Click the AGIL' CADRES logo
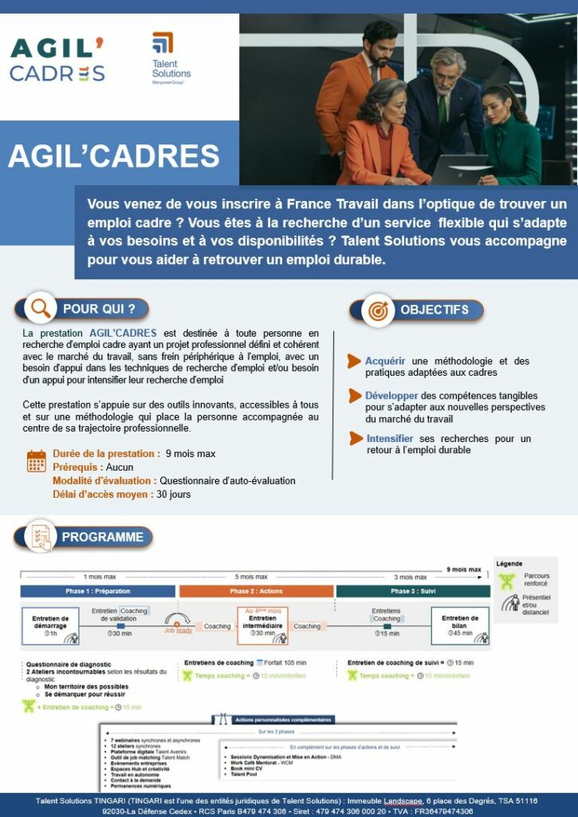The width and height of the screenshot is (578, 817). [x=57, y=60]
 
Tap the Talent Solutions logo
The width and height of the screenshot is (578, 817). [x=170, y=57]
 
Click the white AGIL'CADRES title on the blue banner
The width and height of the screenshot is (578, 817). [x=113, y=156]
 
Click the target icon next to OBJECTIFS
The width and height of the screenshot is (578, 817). [x=377, y=310]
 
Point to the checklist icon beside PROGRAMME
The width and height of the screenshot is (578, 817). [x=39, y=537]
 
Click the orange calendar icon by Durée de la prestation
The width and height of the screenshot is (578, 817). [x=37, y=461]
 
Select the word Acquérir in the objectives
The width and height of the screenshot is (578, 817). [x=385, y=361]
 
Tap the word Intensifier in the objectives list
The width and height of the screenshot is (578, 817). [x=389, y=439]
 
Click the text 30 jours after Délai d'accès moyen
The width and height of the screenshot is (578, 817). [x=174, y=494]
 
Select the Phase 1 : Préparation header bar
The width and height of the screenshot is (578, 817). [x=97, y=591]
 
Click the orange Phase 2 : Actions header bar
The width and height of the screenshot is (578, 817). [x=256, y=591]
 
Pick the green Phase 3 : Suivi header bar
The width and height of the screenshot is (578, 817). [x=413, y=591]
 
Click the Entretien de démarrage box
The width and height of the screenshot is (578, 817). [x=51, y=626]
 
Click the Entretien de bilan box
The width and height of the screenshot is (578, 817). [x=460, y=626]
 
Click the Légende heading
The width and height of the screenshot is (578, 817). [x=509, y=563]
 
